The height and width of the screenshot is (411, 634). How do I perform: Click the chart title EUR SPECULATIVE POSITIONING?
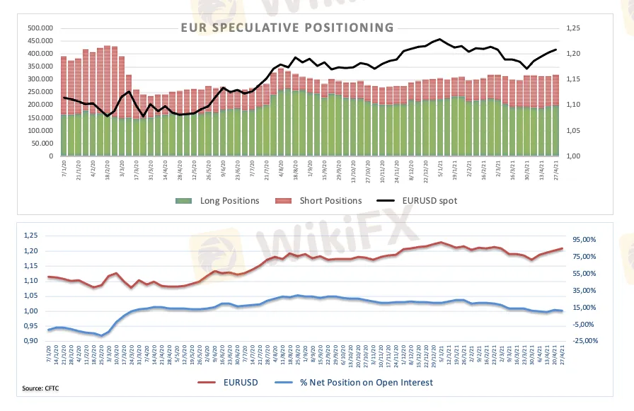click(287, 28)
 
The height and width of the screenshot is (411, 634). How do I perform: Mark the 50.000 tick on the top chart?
click(43, 144)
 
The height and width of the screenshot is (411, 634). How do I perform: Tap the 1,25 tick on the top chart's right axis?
click(573, 28)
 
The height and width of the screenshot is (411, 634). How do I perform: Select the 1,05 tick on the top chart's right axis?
click(573, 131)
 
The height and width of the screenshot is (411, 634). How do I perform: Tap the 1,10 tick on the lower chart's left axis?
click(31, 282)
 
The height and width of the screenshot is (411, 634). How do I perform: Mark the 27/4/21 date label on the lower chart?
click(564, 354)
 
